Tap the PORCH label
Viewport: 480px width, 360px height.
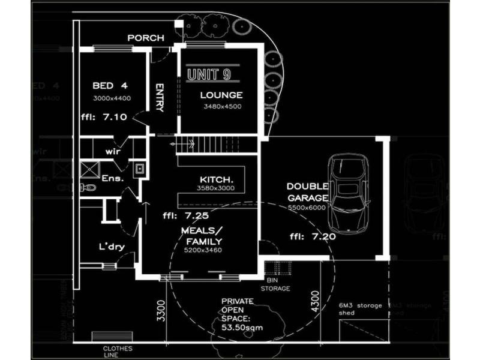tap(146, 38)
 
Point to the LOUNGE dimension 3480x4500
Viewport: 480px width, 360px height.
tap(221, 107)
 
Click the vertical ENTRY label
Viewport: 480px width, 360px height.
tap(160, 97)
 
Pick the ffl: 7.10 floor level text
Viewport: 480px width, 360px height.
tap(103, 117)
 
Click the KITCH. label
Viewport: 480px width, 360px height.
tap(217, 179)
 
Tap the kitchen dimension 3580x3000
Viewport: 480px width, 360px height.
tap(215, 188)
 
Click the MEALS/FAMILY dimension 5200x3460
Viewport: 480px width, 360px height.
tap(203, 250)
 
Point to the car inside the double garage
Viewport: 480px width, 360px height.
tap(349, 193)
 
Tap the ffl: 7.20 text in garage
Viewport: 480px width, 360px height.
tap(312, 236)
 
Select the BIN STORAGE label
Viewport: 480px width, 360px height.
tap(275, 284)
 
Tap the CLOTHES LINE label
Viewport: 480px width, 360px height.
tap(118, 351)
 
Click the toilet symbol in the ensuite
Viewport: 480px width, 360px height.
tap(89, 188)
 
